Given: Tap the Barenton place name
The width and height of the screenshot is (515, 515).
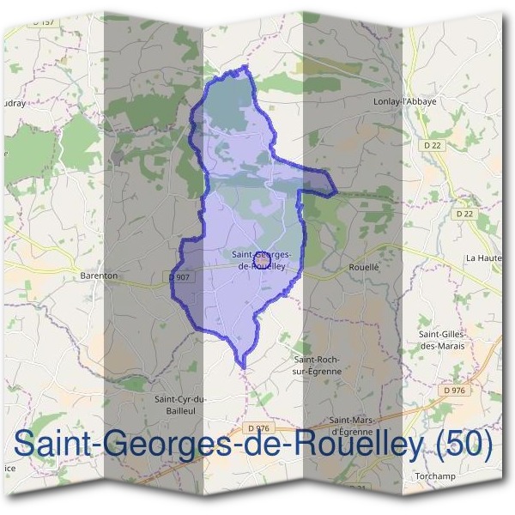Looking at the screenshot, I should click(x=98, y=276).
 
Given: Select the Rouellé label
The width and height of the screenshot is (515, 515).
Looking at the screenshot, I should click(x=364, y=268).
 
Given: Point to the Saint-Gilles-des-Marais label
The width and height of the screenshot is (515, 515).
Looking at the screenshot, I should click(x=441, y=340).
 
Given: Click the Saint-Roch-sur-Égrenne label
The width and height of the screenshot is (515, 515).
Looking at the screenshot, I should click(x=318, y=365).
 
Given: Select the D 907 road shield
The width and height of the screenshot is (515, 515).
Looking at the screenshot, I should click(x=179, y=277).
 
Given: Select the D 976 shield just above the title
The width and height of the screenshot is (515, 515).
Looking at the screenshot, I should click(x=257, y=428).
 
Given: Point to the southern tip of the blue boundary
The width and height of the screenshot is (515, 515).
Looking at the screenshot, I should click(x=244, y=367).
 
